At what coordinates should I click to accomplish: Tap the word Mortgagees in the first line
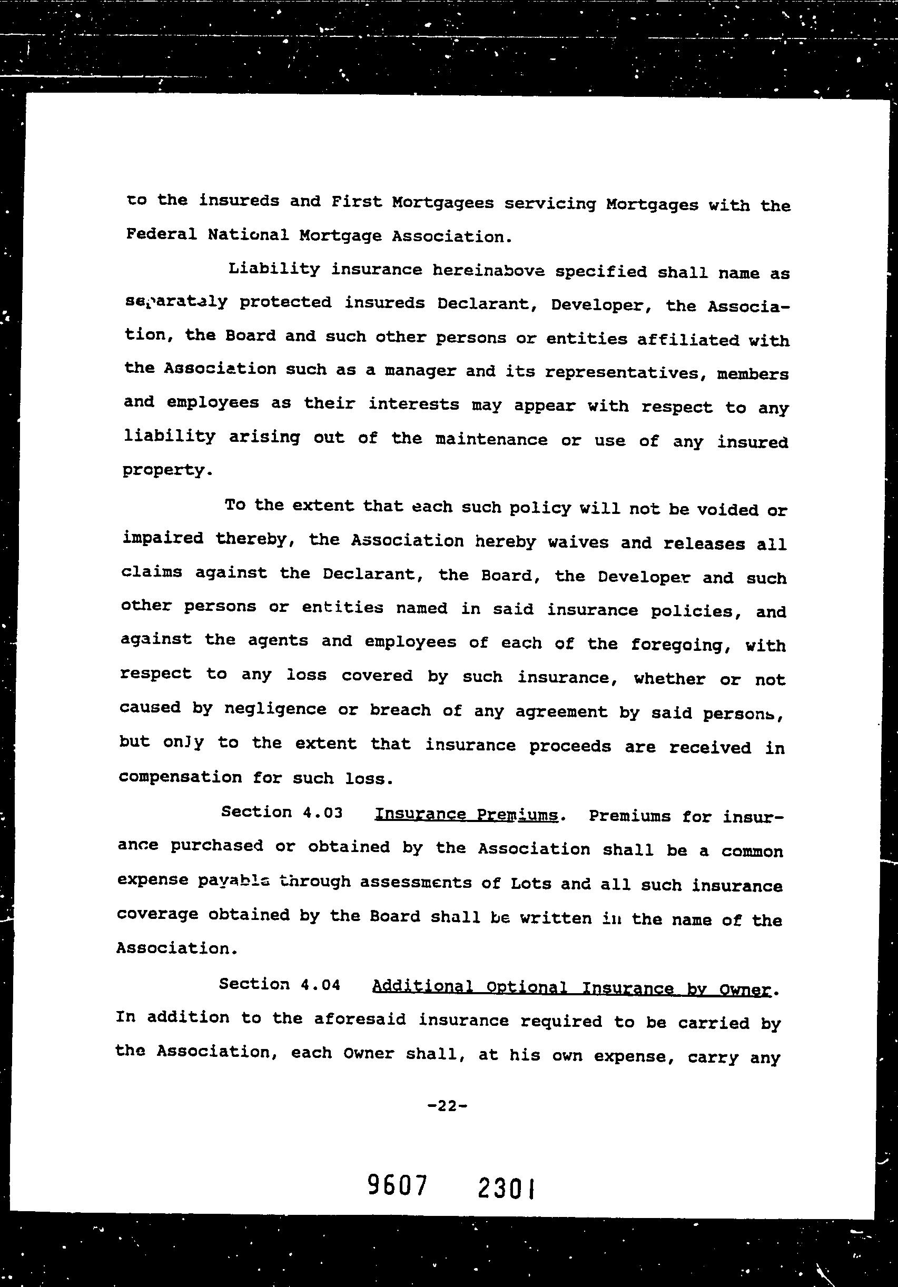(442, 202)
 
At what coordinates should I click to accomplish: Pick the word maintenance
(491, 440)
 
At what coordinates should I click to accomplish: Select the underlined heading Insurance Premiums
(466, 815)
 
